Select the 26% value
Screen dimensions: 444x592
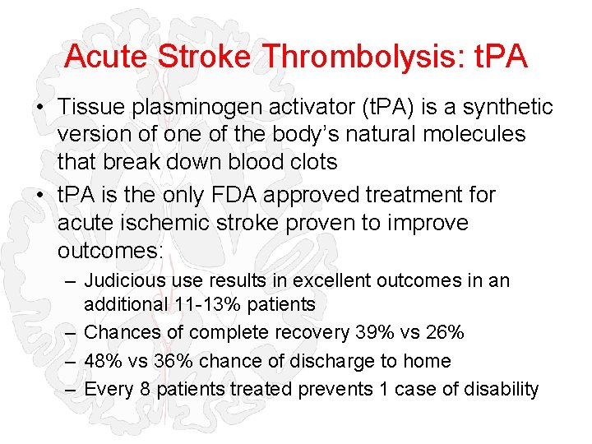click(x=444, y=332)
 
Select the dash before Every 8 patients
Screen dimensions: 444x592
click(x=72, y=389)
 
